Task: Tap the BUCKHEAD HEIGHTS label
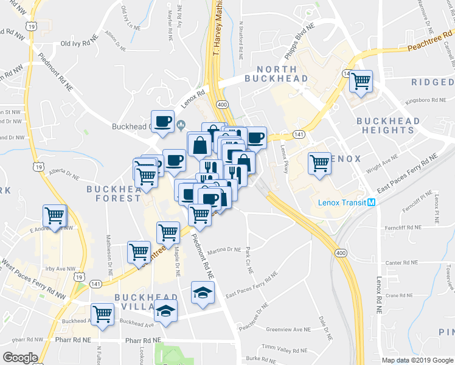(x=388, y=125)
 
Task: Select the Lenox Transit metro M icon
(x=370, y=202)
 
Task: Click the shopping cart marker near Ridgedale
(x=361, y=81)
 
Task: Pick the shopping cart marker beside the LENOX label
(x=319, y=162)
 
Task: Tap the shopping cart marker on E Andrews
(x=55, y=215)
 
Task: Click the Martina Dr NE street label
(x=224, y=250)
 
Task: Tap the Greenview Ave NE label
(x=289, y=329)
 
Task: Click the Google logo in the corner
(x=20, y=358)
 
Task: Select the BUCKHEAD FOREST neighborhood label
(x=114, y=193)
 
